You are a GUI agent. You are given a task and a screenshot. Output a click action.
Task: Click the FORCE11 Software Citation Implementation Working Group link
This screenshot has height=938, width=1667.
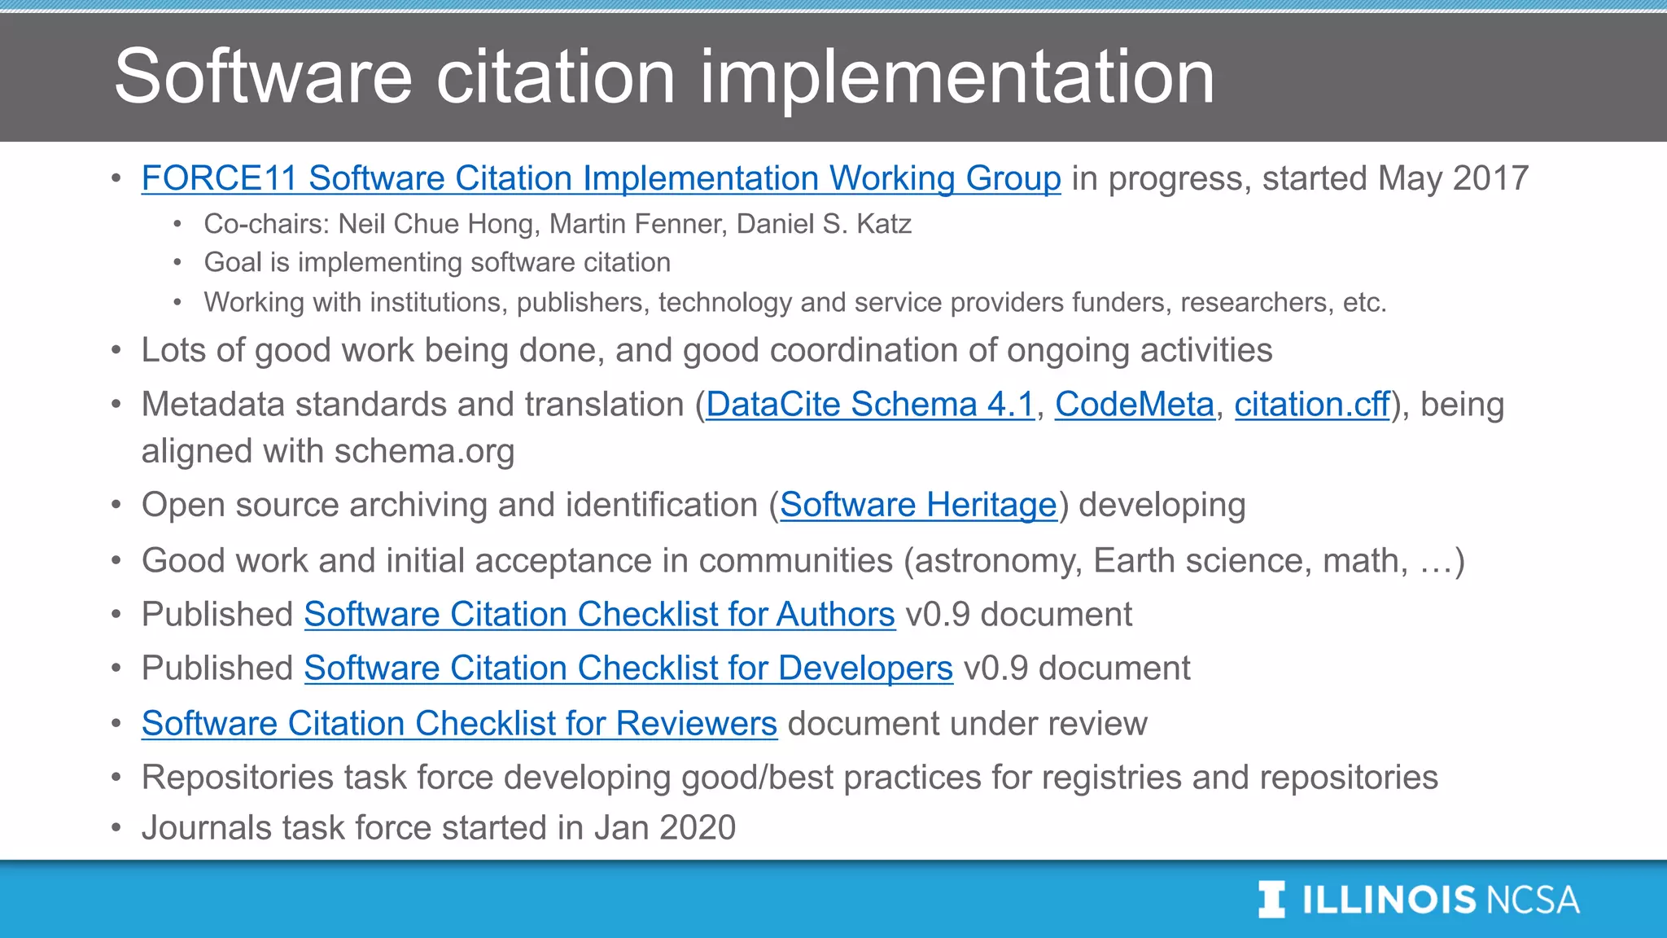tap(601, 178)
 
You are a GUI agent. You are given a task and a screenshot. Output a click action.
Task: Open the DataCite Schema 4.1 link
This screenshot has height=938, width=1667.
tap(869, 405)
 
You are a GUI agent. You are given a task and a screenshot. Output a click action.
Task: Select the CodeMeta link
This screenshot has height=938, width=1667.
tap(1134, 405)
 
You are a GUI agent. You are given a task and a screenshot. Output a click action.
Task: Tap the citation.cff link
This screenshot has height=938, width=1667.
tap(1311, 405)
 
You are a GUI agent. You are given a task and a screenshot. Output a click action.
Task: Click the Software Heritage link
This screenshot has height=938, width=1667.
tap(918, 506)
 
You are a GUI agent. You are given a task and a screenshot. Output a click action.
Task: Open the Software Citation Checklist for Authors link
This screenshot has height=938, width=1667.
tap(599, 615)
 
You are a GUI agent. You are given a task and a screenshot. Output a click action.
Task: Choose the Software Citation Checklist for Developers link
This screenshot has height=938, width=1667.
tap(628, 668)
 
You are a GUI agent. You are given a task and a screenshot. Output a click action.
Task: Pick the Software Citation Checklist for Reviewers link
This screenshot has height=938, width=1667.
tap(459, 724)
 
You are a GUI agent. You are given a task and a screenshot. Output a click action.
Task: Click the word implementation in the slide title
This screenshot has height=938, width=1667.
tap(956, 77)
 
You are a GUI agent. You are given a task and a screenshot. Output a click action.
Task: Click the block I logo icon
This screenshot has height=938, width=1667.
tap(1271, 900)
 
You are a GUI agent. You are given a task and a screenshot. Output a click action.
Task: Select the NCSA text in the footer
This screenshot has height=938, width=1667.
tap(1533, 901)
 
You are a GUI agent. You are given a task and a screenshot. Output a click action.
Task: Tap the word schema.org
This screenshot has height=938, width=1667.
tap(424, 451)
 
